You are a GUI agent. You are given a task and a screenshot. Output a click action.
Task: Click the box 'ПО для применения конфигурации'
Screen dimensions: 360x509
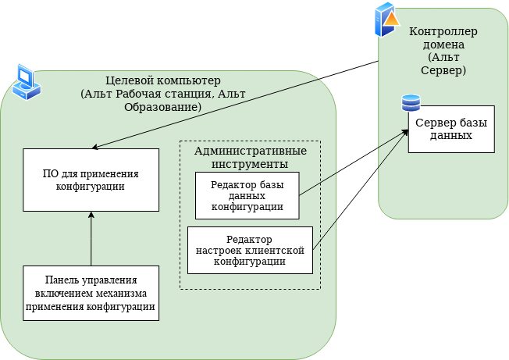(91, 179)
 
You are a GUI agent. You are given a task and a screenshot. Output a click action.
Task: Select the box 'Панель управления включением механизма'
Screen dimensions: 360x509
(91, 293)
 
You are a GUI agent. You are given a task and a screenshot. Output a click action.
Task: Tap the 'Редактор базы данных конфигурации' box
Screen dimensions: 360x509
(247, 195)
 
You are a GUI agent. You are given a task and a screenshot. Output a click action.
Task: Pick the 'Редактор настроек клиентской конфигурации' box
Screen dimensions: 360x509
(250, 250)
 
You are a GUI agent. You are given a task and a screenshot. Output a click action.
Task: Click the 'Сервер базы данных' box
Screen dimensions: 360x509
(451, 129)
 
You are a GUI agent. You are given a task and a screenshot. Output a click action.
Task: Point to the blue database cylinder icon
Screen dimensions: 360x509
(410, 103)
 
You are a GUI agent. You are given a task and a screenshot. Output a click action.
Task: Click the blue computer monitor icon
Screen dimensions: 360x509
(26, 83)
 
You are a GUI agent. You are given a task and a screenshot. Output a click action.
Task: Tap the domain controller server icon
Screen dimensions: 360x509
(386, 20)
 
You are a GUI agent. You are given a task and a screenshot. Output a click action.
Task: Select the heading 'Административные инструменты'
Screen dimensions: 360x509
(250, 157)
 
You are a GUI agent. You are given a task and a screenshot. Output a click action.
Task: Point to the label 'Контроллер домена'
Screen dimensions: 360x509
(443, 37)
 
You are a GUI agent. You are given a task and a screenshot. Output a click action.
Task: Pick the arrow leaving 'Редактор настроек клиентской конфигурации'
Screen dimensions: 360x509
(359, 192)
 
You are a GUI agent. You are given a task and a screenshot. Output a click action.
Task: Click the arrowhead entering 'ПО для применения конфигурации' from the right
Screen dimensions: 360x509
(95, 147)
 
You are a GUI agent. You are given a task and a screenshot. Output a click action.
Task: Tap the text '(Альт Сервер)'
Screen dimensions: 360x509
(443, 64)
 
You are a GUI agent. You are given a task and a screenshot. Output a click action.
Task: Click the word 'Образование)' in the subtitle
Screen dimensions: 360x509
(163, 106)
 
